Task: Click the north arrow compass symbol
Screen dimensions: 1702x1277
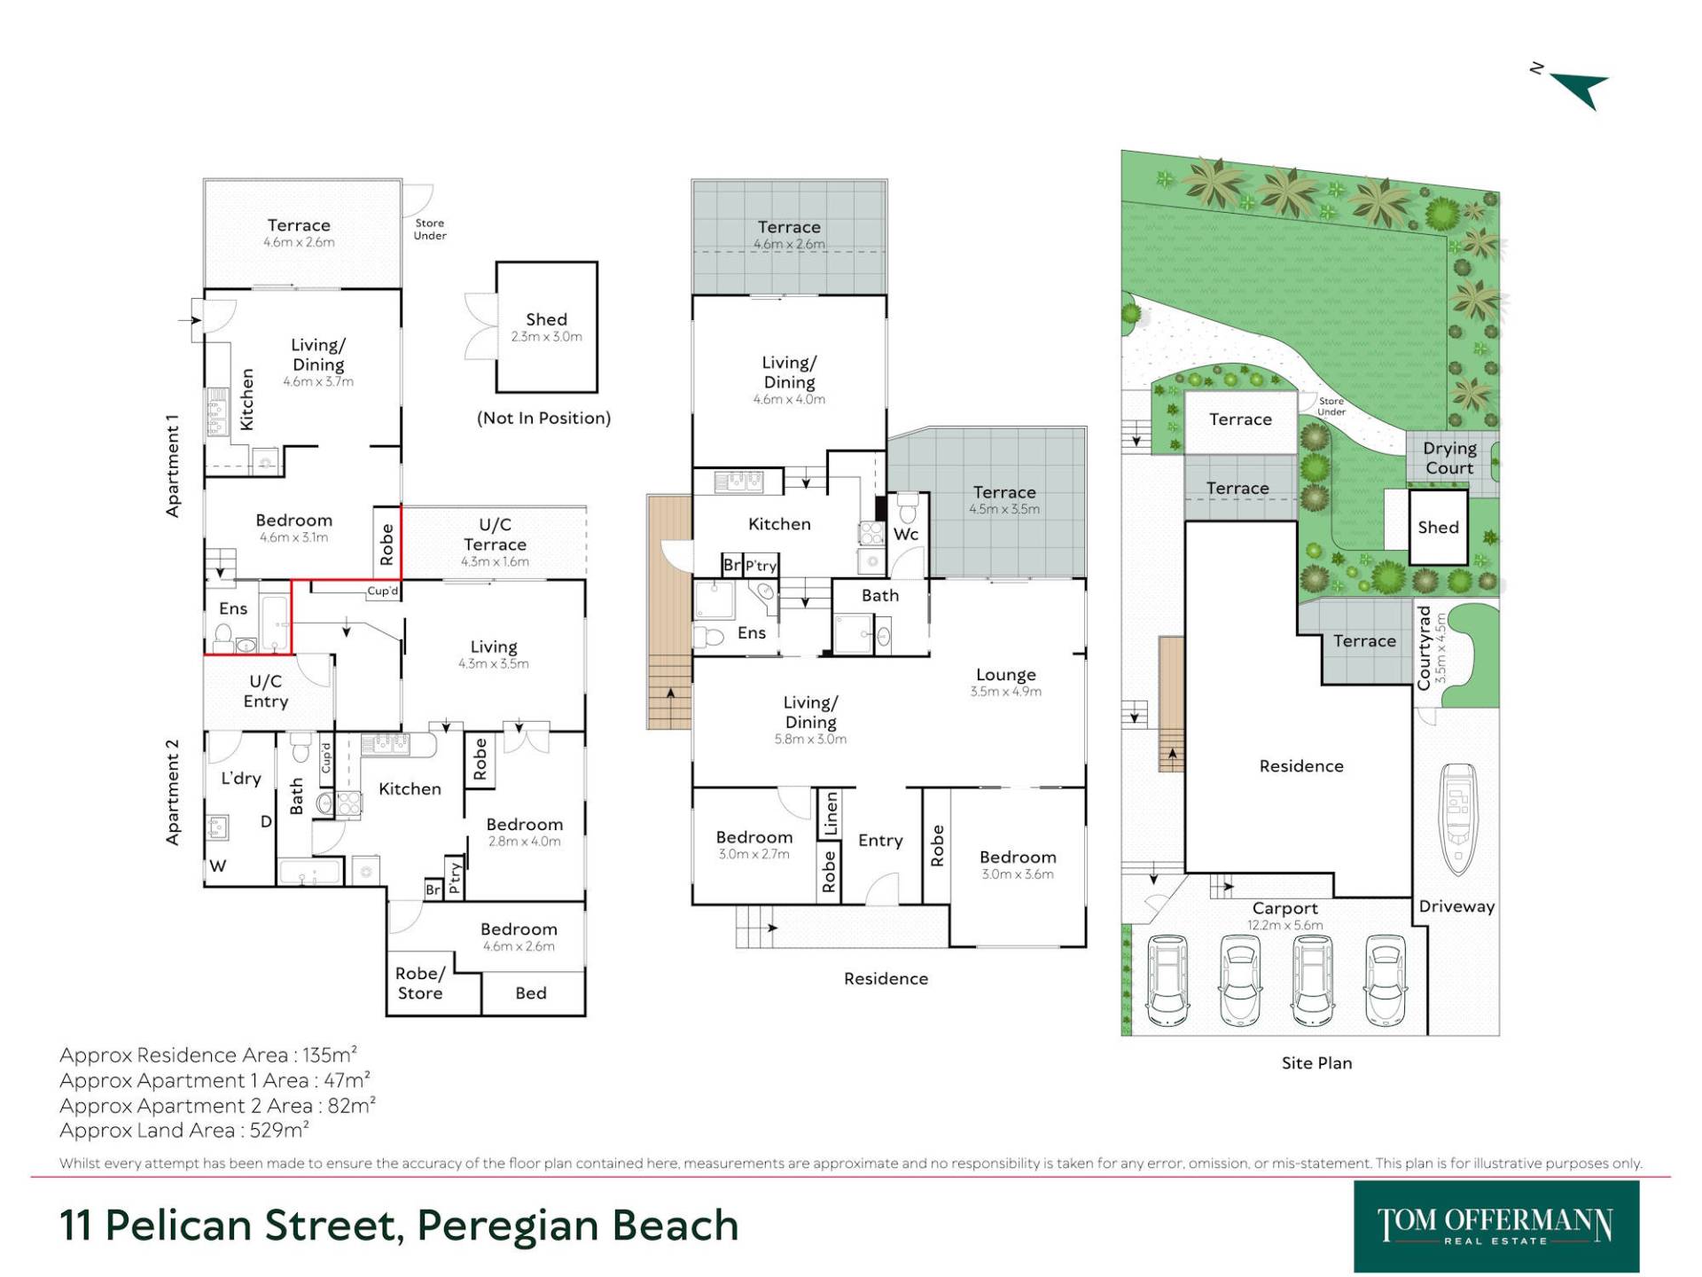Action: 1573,87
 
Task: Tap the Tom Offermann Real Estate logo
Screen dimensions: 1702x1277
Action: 1496,1226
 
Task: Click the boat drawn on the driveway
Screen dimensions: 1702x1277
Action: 1458,819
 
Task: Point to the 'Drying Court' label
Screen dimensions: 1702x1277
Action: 1450,458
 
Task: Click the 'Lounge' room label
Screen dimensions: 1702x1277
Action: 1006,675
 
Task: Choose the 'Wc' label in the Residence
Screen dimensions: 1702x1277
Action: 906,534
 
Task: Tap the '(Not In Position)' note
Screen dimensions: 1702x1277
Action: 544,419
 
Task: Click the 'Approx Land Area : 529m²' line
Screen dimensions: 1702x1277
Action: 184,1130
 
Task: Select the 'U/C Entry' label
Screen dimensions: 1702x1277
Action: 265,692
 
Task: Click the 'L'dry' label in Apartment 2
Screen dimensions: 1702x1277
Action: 241,779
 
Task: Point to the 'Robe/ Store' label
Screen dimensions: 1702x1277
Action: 420,983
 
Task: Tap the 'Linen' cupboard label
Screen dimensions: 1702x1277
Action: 831,814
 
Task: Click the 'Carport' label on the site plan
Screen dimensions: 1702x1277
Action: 1285,908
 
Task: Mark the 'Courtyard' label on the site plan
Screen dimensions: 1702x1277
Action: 1425,647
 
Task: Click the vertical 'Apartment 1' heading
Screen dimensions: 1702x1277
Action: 173,466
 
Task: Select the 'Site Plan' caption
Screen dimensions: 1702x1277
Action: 1316,1062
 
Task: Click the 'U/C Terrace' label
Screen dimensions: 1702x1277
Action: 495,535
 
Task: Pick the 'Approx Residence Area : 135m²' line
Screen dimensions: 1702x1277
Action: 208,1054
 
